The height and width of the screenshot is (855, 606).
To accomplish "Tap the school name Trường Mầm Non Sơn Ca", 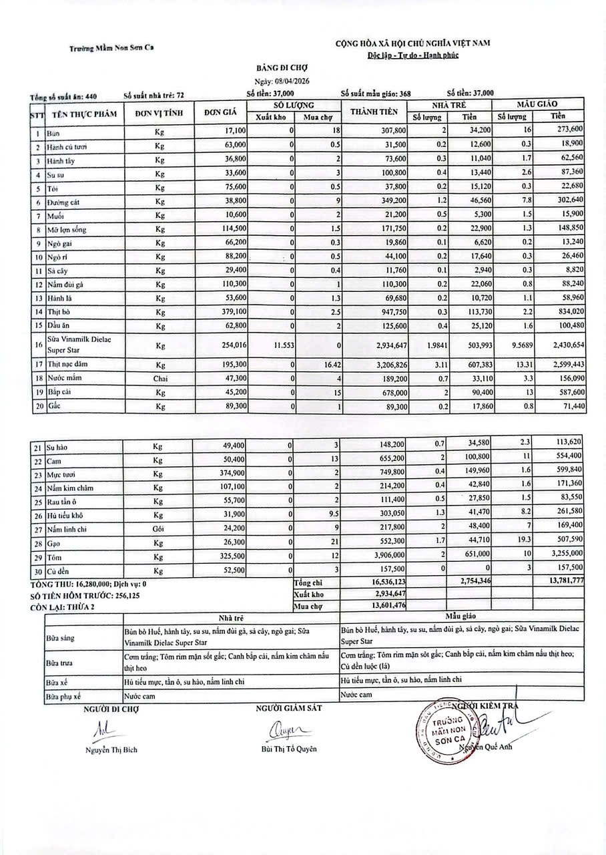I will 111,48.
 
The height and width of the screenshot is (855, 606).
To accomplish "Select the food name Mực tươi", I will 61,474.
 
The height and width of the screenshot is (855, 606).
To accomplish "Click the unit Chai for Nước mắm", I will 159,376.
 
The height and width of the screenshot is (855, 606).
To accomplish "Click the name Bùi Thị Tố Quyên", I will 289,749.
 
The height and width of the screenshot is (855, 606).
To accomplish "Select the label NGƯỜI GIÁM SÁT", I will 288,708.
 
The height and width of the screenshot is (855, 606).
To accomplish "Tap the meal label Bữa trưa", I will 61,664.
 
